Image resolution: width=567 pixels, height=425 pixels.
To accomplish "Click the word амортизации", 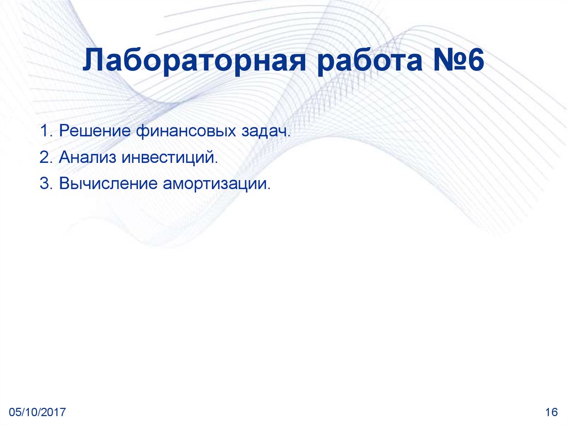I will (215, 183).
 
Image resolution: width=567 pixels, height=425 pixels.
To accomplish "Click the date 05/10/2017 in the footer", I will (38, 412).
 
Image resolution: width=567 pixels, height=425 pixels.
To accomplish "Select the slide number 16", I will (550, 412).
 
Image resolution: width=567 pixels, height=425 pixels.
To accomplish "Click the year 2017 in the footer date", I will (55, 412).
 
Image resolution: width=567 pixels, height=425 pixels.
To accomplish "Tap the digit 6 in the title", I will (475, 62).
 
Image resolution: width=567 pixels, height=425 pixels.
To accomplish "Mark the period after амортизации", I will (270, 188).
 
